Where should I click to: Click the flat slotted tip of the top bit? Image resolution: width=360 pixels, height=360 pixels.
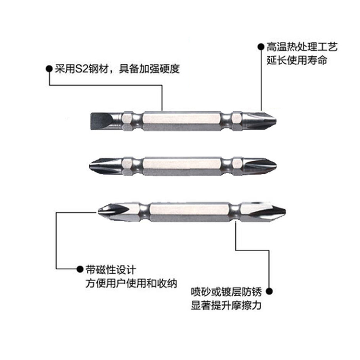(101, 121)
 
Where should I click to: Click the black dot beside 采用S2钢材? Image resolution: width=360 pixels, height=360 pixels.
(49, 69)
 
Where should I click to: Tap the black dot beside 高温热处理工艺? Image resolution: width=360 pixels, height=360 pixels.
(261, 47)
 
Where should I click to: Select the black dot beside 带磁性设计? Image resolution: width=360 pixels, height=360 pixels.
(80, 269)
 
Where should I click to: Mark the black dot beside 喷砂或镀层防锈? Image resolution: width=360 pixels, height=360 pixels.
(269, 291)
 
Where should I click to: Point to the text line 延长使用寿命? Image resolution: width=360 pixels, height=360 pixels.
(297, 60)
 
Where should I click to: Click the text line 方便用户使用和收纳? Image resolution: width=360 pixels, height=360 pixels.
(132, 283)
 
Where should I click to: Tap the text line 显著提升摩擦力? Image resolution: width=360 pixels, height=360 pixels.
(226, 305)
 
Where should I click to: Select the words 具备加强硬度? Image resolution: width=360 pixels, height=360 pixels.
(149, 69)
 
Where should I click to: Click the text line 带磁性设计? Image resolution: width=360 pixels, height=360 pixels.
(111, 270)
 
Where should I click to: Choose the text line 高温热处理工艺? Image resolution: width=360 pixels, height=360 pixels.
(302, 47)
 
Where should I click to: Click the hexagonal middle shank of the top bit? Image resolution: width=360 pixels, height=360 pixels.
(182, 121)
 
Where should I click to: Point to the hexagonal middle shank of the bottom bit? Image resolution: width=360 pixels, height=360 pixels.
(190, 211)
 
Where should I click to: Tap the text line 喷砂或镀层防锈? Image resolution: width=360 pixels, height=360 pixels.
(226, 292)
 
